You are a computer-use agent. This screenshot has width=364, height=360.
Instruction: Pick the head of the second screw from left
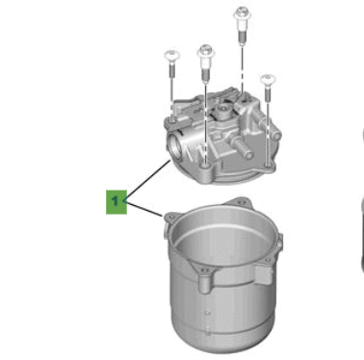[205, 47]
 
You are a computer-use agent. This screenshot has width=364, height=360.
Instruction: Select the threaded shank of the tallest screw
[238, 39]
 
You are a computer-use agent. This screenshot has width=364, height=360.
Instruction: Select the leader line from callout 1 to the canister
[144, 210]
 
